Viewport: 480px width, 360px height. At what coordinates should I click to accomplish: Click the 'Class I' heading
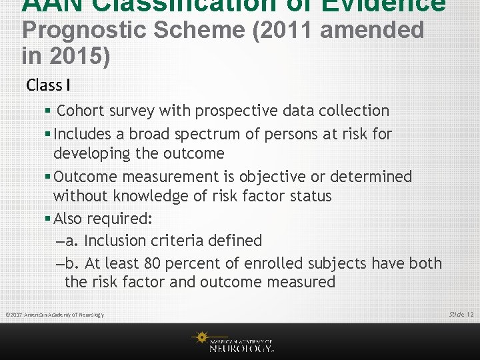(49, 85)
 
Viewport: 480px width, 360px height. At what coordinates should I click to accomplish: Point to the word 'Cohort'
(83, 111)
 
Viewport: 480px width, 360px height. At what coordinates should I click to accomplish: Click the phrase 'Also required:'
(103, 219)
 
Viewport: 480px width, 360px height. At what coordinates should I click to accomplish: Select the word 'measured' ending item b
(303, 282)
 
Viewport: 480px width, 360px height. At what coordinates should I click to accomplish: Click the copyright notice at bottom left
(55, 315)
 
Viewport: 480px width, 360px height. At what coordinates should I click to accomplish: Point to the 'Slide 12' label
(461, 314)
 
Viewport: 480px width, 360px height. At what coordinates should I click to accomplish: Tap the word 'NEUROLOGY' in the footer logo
(241, 347)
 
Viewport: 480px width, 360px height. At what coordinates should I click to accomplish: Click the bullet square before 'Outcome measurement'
(48, 177)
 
